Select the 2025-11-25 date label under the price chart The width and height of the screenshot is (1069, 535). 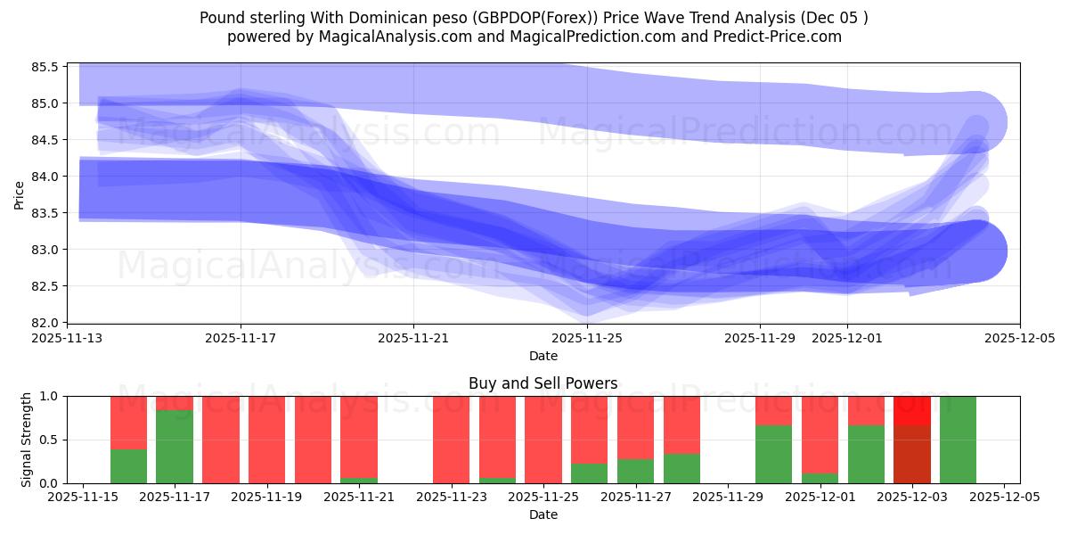click(587, 339)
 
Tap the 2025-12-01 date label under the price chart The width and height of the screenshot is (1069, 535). click(846, 339)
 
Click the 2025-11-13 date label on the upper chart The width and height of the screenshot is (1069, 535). click(68, 339)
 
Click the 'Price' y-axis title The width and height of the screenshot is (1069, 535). click(20, 194)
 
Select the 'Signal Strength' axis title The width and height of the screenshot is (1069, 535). click(27, 440)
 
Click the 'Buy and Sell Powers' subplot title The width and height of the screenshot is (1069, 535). click(543, 383)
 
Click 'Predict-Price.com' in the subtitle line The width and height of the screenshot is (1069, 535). click(777, 37)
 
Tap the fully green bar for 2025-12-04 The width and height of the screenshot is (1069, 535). click(958, 440)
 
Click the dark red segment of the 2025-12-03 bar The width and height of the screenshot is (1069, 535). click(911, 454)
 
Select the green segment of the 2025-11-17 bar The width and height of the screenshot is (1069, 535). click(175, 446)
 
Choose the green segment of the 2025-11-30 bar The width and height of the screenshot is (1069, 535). click(773, 454)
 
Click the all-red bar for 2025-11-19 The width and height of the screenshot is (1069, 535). click(266, 440)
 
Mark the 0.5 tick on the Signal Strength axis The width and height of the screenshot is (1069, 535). click(50, 440)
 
